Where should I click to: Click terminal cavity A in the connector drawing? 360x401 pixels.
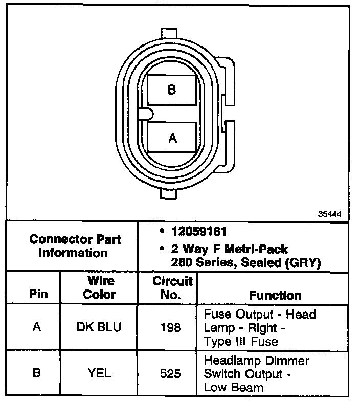tap(172, 137)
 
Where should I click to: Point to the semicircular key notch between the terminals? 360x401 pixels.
tap(144, 114)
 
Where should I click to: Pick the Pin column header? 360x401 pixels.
tap(37, 294)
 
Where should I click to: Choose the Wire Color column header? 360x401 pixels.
tap(100, 288)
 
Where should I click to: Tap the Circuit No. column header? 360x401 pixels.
tap(172, 288)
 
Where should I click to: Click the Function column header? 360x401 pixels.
tap(275, 295)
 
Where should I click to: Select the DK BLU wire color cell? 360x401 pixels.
tap(100, 327)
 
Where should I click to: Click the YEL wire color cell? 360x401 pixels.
tap(100, 373)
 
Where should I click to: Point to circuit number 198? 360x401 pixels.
tap(170, 327)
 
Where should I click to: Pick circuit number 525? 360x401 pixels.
tap(170, 374)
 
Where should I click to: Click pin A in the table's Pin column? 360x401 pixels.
tap(37, 327)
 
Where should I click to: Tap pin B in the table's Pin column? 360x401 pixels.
tap(37, 373)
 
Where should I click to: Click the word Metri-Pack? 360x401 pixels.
tap(259, 250)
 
